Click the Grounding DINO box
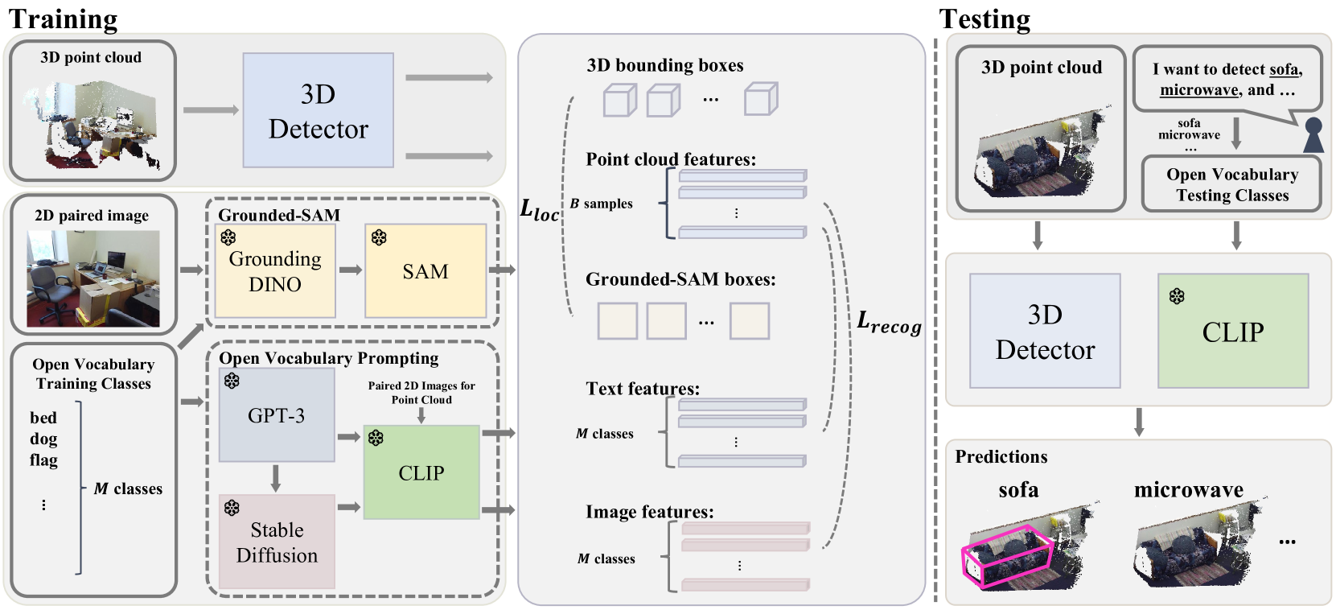coord(275,270)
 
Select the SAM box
coord(425,270)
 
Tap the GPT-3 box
coord(276,415)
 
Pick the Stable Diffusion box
coord(277,542)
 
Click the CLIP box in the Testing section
coord(1232,331)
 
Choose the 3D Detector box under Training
coord(318,110)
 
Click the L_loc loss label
coord(539,210)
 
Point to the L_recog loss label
coord(888,323)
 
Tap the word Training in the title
coord(63,19)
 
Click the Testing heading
coord(985,19)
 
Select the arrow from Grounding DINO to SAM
coord(350,270)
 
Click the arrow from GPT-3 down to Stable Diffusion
coord(276,477)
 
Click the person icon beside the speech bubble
coord(1313,135)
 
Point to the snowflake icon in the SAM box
coord(379,237)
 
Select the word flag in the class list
coord(43,460)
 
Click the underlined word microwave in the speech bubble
coord(1198,90)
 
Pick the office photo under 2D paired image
coord(93,278)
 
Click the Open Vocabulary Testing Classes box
coord(1231,185)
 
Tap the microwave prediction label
coord(1188,490)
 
